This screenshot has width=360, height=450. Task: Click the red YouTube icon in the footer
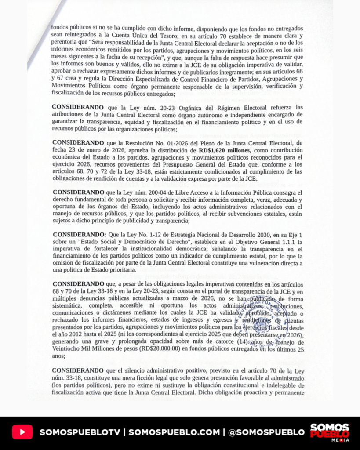(x=22, y=432)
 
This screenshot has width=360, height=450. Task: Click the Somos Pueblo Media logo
(x=330, y=432)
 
